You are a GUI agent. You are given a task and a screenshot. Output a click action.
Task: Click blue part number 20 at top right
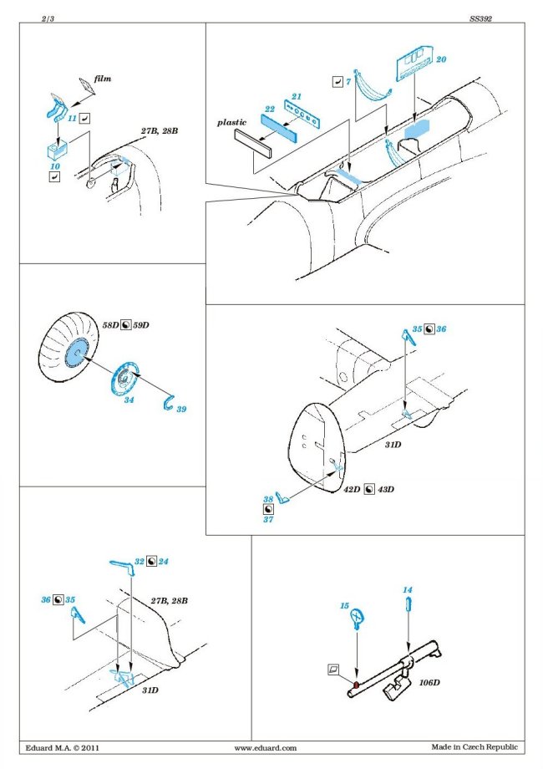[441, 60]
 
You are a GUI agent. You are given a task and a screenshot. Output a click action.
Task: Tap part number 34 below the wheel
[128, 400]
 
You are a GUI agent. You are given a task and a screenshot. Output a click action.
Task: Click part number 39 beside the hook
[181, 408]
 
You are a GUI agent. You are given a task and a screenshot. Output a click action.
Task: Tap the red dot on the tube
[355, 685]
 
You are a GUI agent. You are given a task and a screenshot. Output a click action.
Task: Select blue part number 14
[407, 590]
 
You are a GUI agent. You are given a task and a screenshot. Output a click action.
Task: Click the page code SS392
[480, 16]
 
